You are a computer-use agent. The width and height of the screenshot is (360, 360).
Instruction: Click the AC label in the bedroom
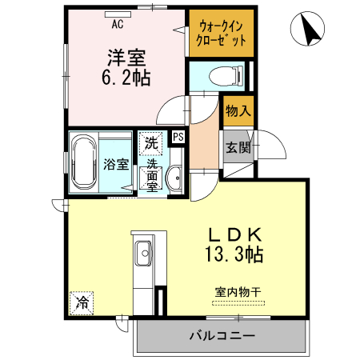pos(117,23)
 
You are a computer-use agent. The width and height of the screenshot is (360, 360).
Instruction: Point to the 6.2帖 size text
pos(126,78)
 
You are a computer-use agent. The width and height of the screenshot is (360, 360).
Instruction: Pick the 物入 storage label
pos(237,111)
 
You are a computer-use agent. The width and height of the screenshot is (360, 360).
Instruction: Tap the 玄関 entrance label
pos(237,147)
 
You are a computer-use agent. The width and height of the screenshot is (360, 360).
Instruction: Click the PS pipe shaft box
pos(178,137)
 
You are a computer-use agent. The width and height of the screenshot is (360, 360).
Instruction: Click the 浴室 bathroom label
pos(117,165)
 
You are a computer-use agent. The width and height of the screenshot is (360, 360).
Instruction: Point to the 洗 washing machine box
pos(150,143)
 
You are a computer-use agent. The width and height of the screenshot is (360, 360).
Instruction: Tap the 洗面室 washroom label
pos(151,171)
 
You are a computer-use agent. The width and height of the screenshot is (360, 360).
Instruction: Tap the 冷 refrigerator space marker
pos(81,302)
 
